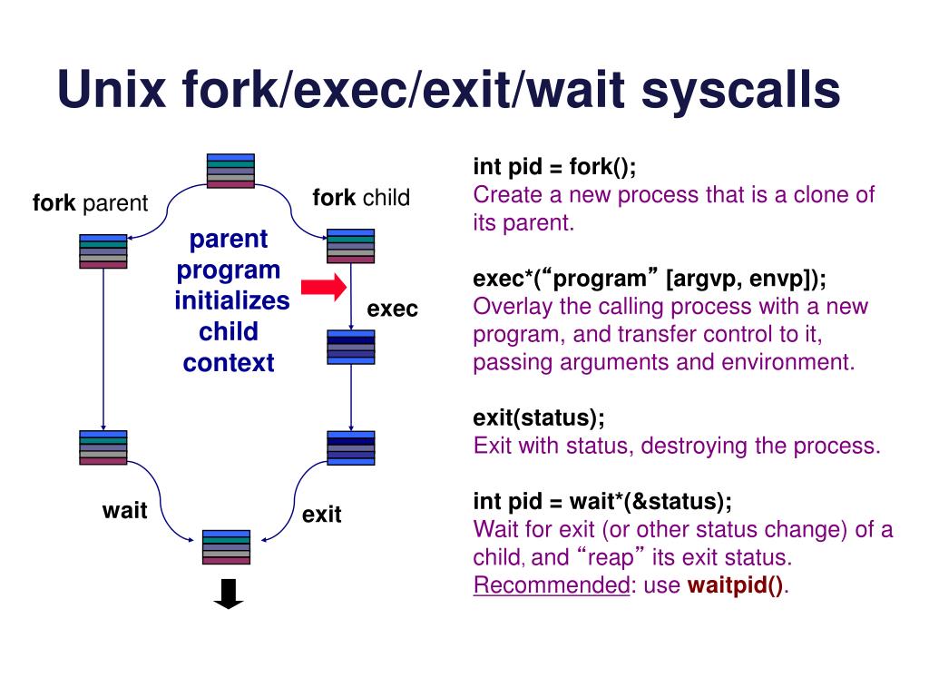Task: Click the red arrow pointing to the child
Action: pyautogui.click(x=324, y=288)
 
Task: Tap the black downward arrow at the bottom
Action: pyautogui.click(x=229, y=594)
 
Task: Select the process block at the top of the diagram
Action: pyautogui.click(x=230, y=171)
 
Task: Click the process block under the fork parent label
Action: pyautogui.click(x=103, y=251)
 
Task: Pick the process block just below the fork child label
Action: pyautogui.click(x=350, y=246)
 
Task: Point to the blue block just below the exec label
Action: pyautogui.click(x=350, y=347)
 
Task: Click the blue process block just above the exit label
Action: pyautogui.click(x=350, y=447)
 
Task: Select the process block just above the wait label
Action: pyautogui.click(x=103, y=447)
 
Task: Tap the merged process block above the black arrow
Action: pyautogui.click(x=226, y=547)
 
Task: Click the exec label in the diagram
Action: pyautogui.click(x=392, y=309)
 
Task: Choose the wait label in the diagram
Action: pyautogui.click(x=124, y=511)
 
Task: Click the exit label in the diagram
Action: pyautogui.click(x=321, y=515)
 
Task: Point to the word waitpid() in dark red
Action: pyautogui.click(x=736, y=585)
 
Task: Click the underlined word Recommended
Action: pyautogui.click(x=551, y=585)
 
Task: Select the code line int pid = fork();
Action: pyautogui.click(x=554, y=168)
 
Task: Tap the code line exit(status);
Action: pyautogui.click(x=539, y=418)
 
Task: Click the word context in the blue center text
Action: pyautogui.click(x=228, y=363)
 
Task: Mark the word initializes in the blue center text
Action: pyautogui.click(x=232, y=300)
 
